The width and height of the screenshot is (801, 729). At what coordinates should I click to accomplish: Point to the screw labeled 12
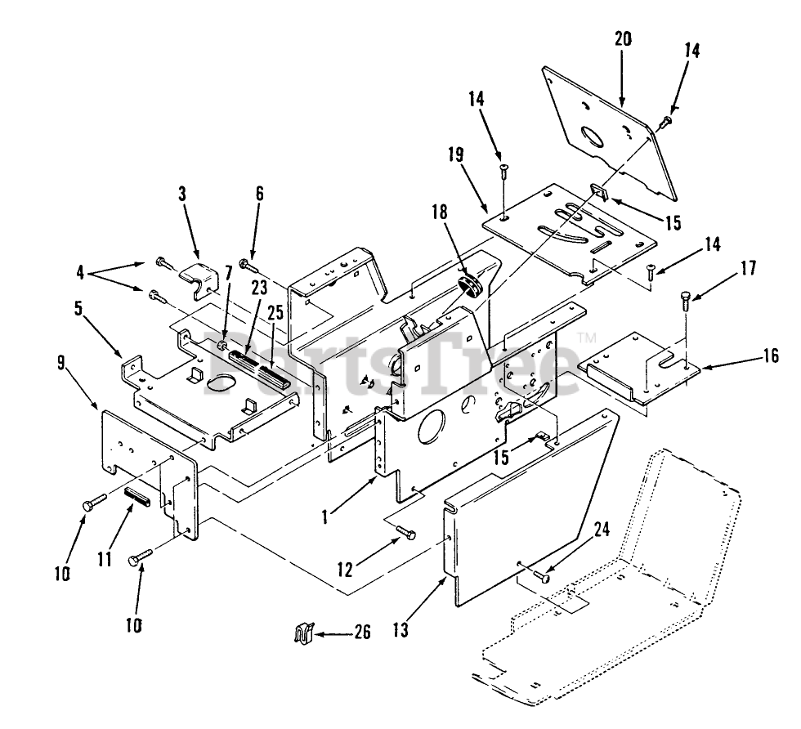pyautogui.click(x=405, y=534)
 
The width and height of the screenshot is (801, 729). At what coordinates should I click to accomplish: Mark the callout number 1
pyautogui.click(x=324, y=516)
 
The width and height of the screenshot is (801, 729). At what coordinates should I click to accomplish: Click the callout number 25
pyautogui.click(x=275, y=311)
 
